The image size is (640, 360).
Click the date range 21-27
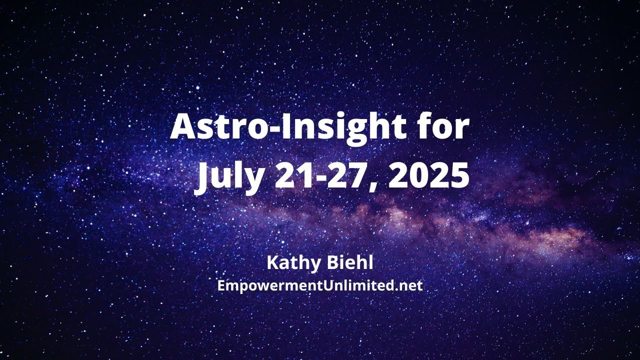coord(325,176)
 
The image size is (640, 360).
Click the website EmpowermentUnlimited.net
coord(320,286)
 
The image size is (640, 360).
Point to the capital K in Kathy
coord(273,262)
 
